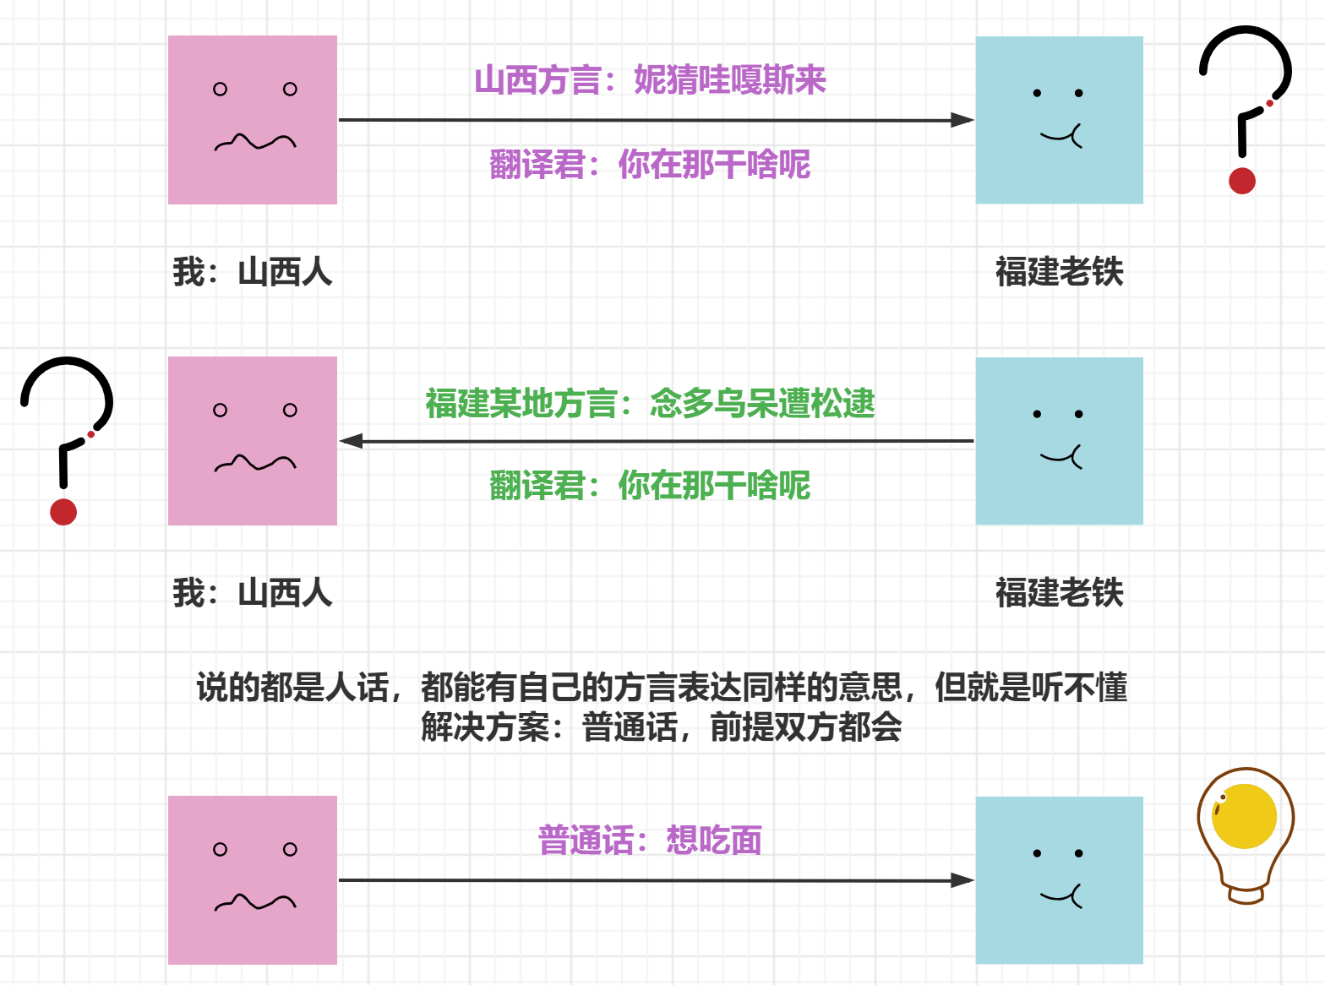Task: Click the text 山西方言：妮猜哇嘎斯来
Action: tap(650, 80)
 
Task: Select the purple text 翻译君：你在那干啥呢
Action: tap(650, 165)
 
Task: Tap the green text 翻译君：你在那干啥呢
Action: tap(650, 486)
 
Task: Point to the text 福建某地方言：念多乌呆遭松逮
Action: tap(650, 404)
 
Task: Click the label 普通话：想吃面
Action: tap(650, 841)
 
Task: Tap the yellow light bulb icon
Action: tap(1244, 816)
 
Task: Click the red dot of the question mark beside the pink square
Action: tap(63, 512)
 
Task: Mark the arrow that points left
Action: tap(656, 441)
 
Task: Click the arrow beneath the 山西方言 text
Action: tap(656, 120)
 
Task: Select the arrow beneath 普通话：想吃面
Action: tap(656, 880)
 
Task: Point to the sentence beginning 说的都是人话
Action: tap(662, 688)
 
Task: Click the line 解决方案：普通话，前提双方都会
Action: tap(662, 727)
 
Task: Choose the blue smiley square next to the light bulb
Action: tap(1060, 880)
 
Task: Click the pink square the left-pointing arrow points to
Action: tap(253, 441)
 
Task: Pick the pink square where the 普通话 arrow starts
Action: tap(253, 880)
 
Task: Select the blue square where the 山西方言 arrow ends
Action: tap(1060, 120)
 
